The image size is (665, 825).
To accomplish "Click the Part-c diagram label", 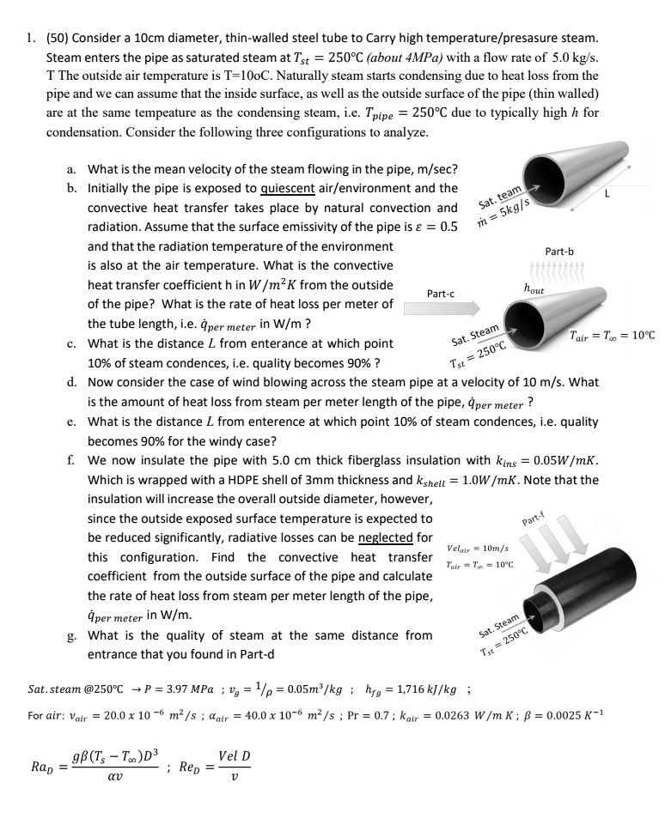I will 441,294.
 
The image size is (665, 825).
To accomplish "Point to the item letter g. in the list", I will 70,635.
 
